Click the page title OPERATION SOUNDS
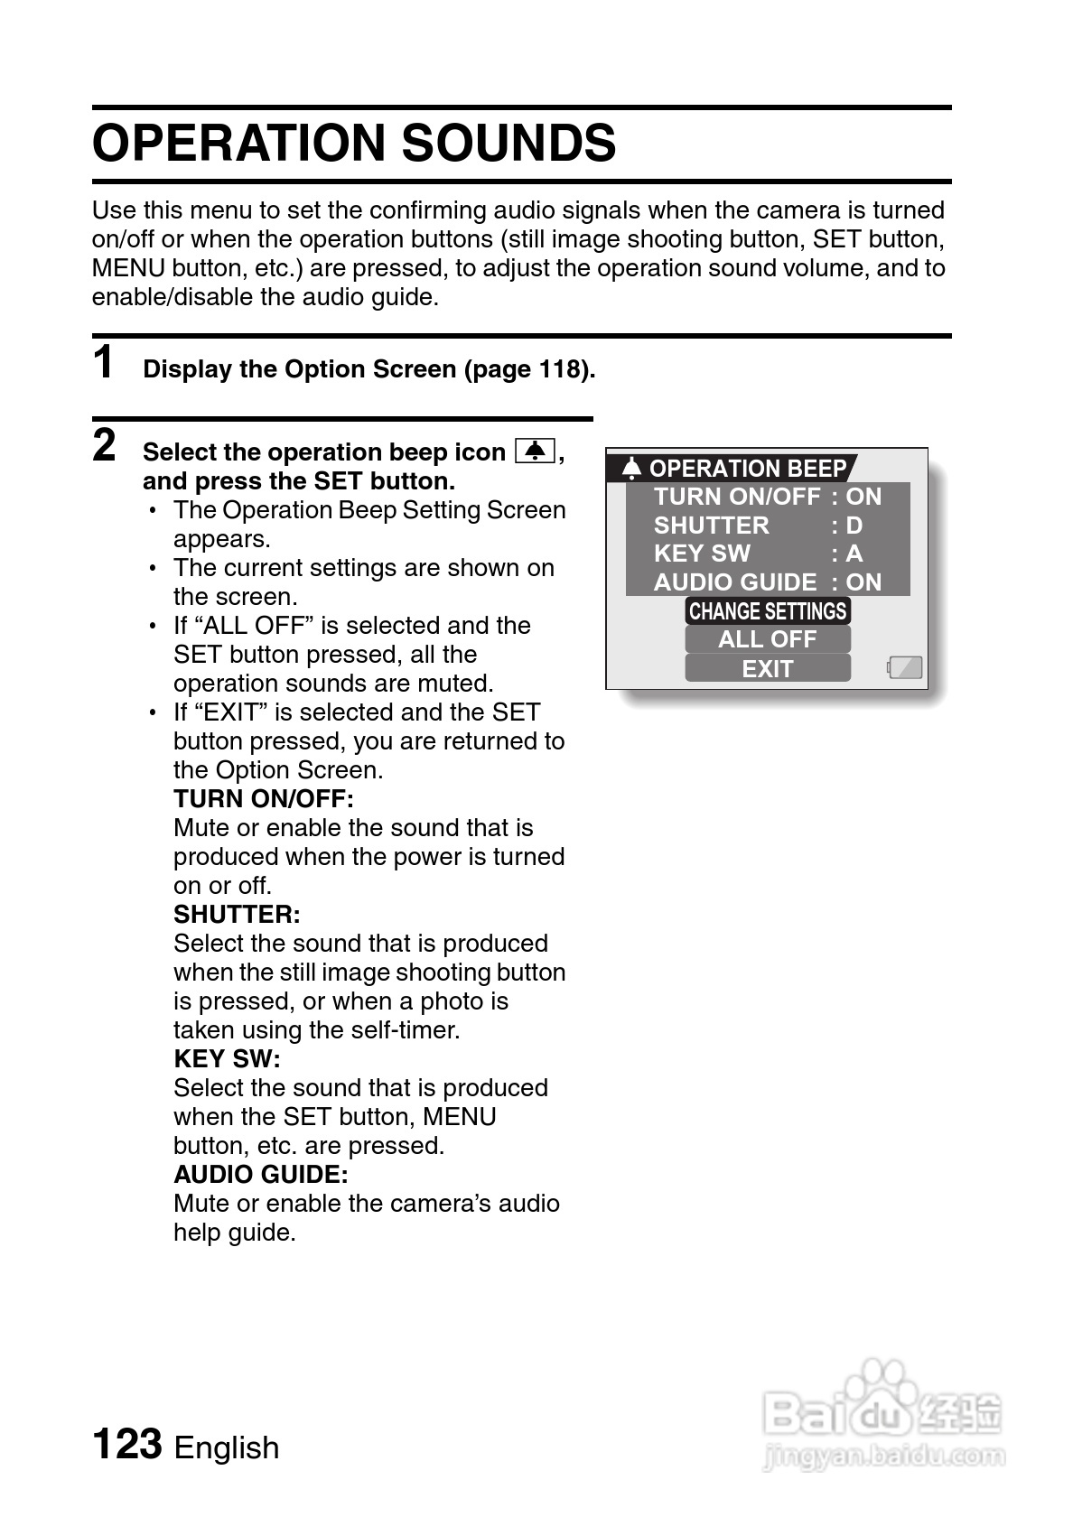point(354,143)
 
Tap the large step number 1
point(105,363)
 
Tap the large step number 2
point(105,446)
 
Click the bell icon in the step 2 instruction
point(535,450)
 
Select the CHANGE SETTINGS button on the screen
point(768,611)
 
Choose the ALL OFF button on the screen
point(768,639)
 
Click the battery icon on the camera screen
point(905,667)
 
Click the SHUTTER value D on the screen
point(854,526)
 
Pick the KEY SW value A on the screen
point(854,554)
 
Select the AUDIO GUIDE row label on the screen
point(735,582)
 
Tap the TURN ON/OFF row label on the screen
point(737,497)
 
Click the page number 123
point(127,1444)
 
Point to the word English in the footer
point(227,1447)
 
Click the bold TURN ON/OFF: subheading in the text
point(264,799)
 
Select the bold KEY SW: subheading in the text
point(227,1058)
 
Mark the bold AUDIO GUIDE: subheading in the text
point(260,1174)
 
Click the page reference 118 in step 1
point(559,369)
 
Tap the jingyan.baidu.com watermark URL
point(884,1455)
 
